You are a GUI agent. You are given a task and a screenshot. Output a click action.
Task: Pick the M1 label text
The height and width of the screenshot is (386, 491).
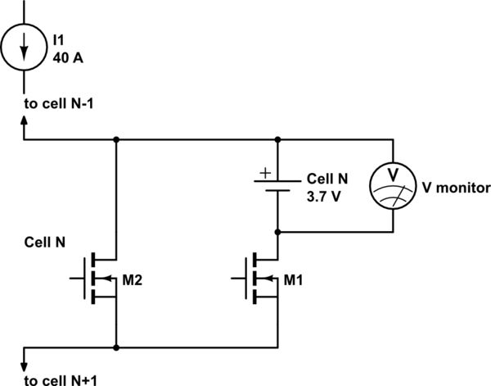pos(293,279)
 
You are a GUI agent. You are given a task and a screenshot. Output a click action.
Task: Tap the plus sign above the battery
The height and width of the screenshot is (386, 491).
pos(264,173)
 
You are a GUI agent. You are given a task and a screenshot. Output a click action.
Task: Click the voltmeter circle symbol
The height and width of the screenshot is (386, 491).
pos(393,186)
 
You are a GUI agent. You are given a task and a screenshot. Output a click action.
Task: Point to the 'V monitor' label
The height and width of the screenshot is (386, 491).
pos(456,188)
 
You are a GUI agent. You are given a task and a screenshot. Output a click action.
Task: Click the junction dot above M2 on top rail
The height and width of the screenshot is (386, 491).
pos(116,139)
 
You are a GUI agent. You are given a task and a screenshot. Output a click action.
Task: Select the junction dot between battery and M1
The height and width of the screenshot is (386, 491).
pos(279,232)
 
